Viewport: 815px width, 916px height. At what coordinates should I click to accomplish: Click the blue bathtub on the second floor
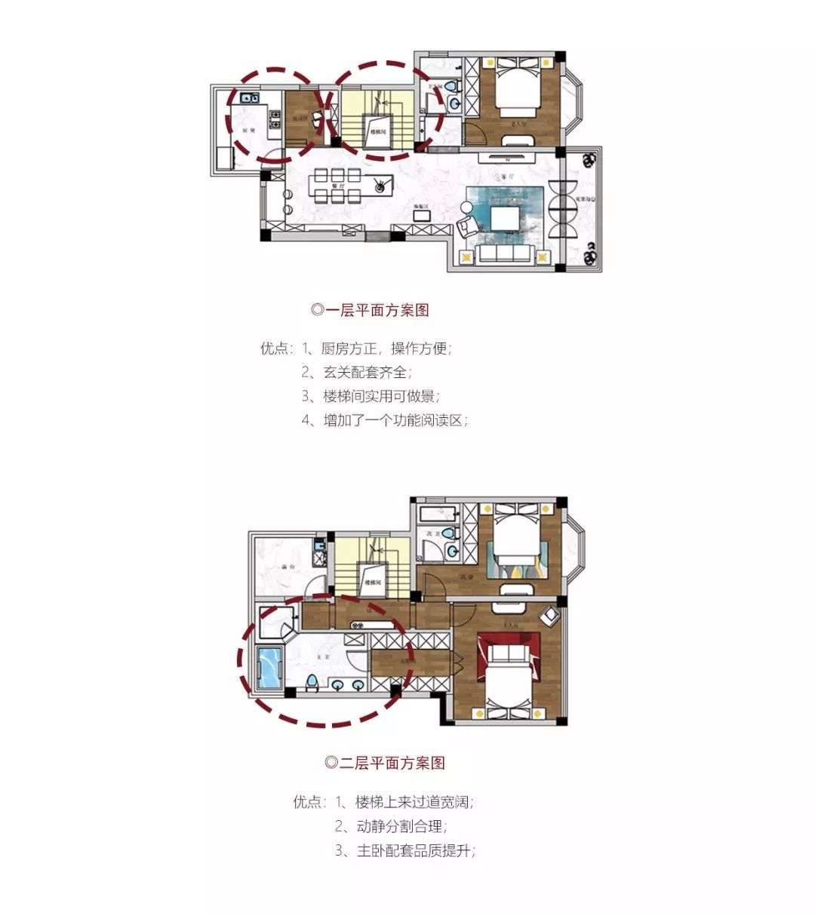(269, 667)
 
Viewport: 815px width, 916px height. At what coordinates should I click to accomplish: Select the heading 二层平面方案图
(385, 762)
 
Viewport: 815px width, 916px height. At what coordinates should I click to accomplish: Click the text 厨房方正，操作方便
(386, 349)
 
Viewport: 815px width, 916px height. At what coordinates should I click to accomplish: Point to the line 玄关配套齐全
(368, 372)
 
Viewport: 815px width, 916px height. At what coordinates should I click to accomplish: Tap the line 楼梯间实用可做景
(381, 396)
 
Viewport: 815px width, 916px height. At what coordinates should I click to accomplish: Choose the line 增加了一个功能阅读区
(395, 420)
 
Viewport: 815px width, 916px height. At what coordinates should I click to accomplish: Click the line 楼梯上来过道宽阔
(415, 802)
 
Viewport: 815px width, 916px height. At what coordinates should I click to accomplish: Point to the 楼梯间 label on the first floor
(380, 131)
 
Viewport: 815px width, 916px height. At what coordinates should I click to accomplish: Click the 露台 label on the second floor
(286, 566)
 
